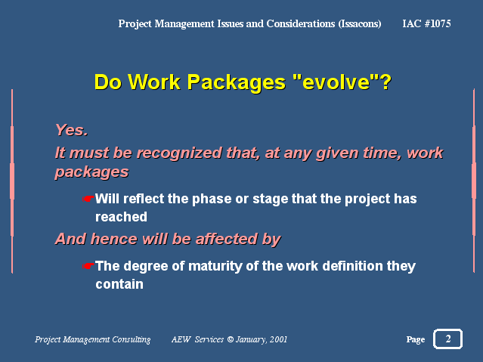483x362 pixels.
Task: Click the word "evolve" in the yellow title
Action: pyautogui.click(x=336, y=82)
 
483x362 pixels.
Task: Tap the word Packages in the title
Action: pyautogui.click(x=237, y=83)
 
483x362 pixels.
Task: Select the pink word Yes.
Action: pyautogui.click(x=72, y=130)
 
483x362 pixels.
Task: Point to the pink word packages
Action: pyautogui.click(x=91, y=172)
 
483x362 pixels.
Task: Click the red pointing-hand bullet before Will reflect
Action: pyautogui.click(x=88, y=199)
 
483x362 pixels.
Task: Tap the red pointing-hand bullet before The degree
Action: pyautogui.click(x=88, y=266)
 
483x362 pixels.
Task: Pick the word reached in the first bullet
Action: pyautogui.click(x=121, y=217)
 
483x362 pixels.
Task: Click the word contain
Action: pyautogui.click(x=119, y=284)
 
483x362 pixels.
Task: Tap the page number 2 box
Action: pyautogui.click(x=448, y=339)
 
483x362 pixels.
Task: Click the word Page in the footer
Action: pyautogui.click(x=416, y=340)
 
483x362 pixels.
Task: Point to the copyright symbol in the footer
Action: pyautogui.click(x=230, y=339)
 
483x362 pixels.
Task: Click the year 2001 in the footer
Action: pyautogui.click(x=278, y=339)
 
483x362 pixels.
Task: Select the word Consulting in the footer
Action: pyautogui.click(x=132, y=340)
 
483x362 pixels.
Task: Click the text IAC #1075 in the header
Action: pyautogui.click(x=426, y=23)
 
